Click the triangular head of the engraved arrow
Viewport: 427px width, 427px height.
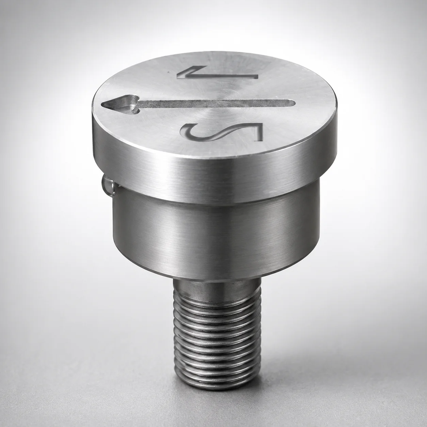click(x=121, y=105)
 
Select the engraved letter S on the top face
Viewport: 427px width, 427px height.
click(x=222, y=132)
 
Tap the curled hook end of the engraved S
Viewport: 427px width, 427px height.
click(x=188, y=131)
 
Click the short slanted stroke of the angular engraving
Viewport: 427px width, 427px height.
click(x=188, y=72)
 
